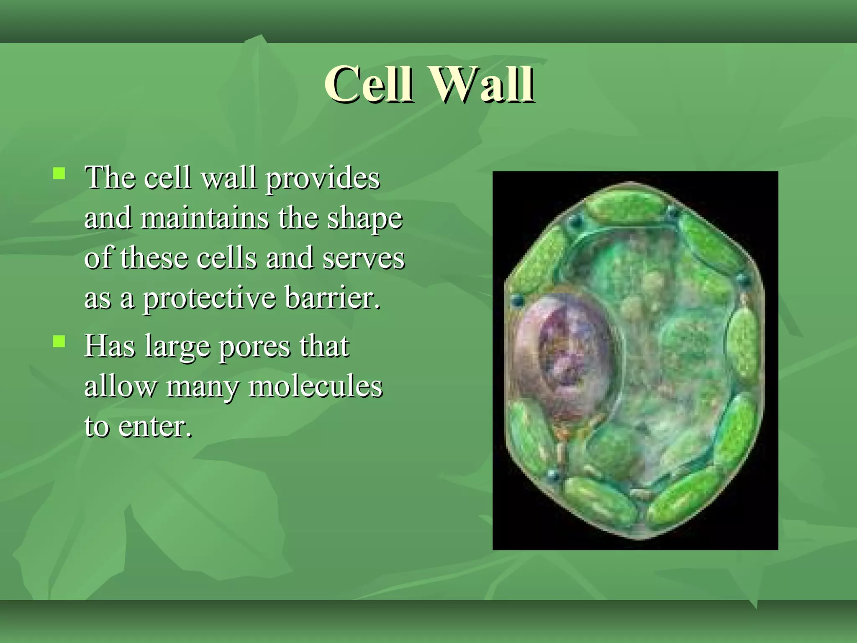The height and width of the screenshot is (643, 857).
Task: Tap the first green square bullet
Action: (59, 173)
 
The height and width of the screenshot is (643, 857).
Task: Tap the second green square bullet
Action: (59, 342)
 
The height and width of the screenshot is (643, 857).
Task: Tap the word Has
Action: (110, 347)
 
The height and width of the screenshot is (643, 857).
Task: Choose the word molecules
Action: (316, 386)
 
